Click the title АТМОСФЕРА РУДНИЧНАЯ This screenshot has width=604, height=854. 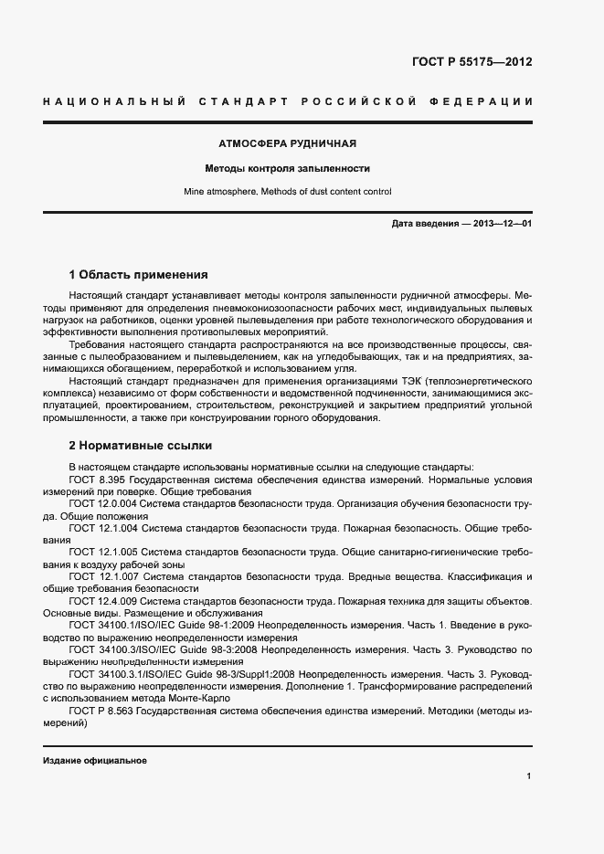[x=287, y=144]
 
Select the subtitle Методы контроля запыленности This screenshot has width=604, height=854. [x=287, y=168]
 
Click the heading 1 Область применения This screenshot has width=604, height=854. [x=139, y=274]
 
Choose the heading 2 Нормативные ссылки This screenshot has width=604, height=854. [x=141, y=446]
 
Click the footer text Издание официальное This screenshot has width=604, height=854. [x=95, y=761]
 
